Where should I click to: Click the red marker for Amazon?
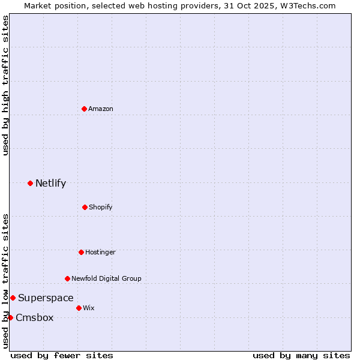pyautogui.click(x=85, y=109)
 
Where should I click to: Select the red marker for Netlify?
pyautogui.click(x=30, y=183)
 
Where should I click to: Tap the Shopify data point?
pyautogui.click(x=85, y=207)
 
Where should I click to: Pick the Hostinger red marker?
pyautogui.click(x=81, y=252)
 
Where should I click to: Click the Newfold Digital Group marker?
pyautogui.click(x=67, y=278)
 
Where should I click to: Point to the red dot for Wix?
pyautogui.click(x=79, y=308)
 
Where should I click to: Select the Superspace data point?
pyautogui.click(x=13, y=298)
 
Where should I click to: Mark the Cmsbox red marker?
pyautogui.click(x=10, y=317)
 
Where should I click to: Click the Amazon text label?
pyautogui.click(x=101, y=109)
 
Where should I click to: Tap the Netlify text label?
pyautogui.click(x=50, y=183)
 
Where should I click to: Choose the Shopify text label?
pyautogui.click(x=101, y=207)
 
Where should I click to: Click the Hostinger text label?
pyautogui.click(x=100, y=252)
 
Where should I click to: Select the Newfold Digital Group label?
pyautogui.click(x=106, y=278)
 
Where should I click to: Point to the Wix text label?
pyautogui.click(x=89, y=308)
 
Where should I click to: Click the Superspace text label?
pyautogui.click(x=46, y=298)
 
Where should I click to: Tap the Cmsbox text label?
pyautogui.click(x=34, y=317)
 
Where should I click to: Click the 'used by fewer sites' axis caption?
pyautogui.click(x=62, y=355)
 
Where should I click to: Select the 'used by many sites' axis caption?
pyautogui.click(x=301, y=355)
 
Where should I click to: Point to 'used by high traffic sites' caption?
pyautogui.click(x=5, y=85)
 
